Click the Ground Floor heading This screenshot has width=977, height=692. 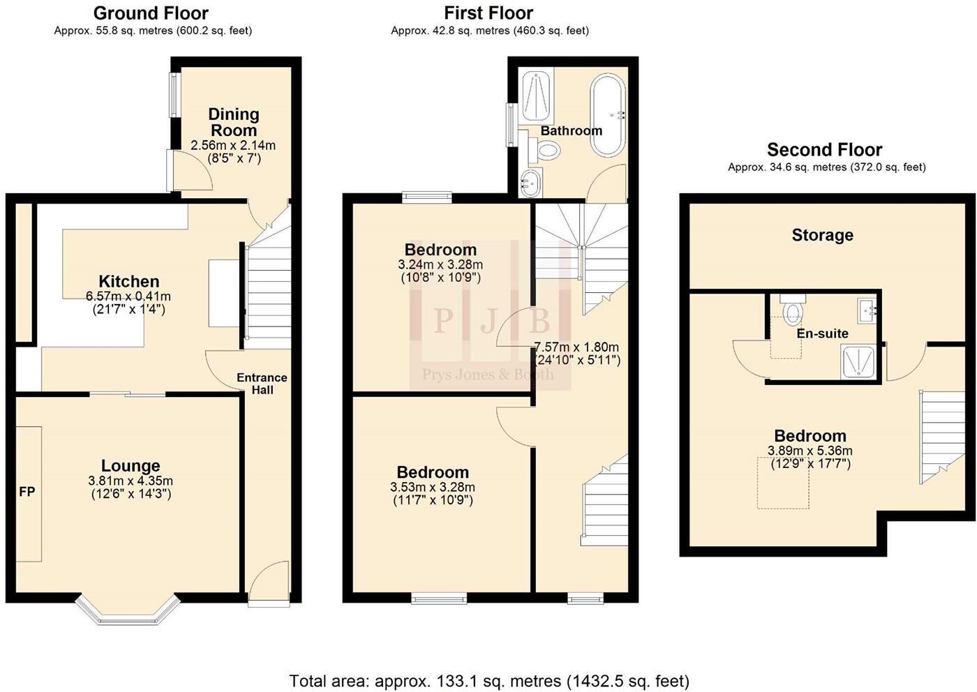coord(151,13)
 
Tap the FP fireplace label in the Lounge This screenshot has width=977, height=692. coord(27,492)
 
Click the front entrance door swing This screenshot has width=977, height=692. coord(269,580)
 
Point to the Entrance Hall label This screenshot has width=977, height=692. coord(262,384)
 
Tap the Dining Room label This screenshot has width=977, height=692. coord(233,122)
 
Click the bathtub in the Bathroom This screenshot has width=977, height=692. coord(609,116)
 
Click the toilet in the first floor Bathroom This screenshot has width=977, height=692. coord(548,149)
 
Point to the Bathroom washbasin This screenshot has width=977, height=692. coord(531,183)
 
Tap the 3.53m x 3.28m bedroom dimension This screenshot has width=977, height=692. coord(433,488)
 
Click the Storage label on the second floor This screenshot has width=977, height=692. coord(822,236)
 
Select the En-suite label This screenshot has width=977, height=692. coord(822,333)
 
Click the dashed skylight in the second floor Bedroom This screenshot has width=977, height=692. coord(783,483)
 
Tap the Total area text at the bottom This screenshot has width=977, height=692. coord(488,681)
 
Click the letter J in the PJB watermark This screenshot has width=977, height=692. coord(489,322)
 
